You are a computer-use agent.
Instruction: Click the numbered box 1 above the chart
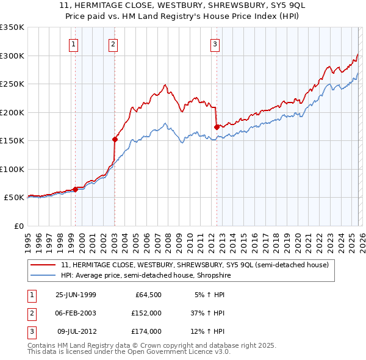point(73,43)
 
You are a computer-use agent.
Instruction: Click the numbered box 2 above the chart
point(114,43)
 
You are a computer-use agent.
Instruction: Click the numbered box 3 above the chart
point(215,43)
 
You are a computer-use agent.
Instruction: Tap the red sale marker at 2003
point(115,139)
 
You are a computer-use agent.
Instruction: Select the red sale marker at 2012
point(217,127)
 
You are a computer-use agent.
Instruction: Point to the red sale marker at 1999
point(76,189)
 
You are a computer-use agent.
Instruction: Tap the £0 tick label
point(18,226)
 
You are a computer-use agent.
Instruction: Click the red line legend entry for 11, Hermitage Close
point(195,265)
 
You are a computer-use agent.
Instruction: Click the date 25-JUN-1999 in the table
point(76,295)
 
